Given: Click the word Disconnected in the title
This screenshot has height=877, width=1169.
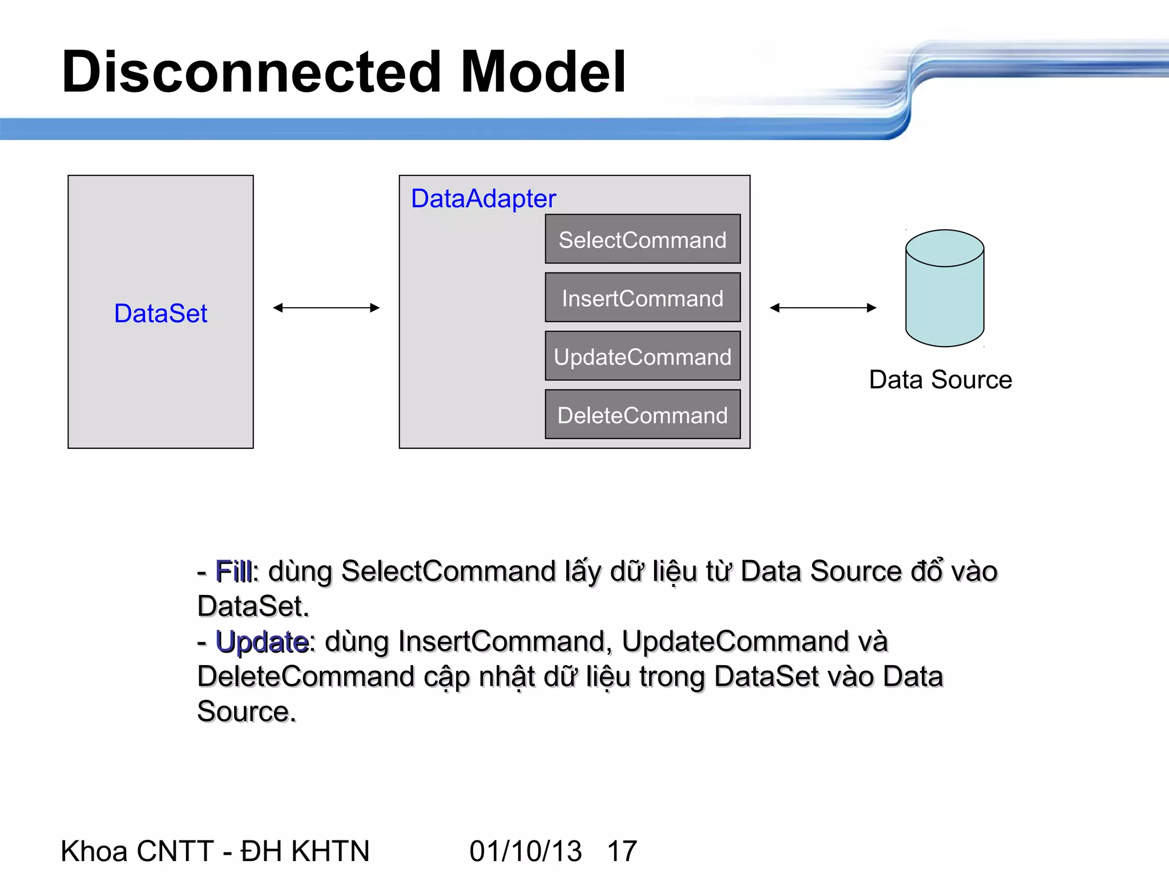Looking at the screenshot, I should click(x=251, y=72).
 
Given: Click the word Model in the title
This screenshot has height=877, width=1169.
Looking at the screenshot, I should click(x=542, y=72).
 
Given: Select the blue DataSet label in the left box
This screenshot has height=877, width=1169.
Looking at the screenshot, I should click(x=160, y=313).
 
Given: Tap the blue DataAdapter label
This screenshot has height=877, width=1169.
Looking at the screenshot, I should click(x=483, y=199).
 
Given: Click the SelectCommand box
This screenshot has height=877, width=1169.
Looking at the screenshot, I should click(x=642, y=239).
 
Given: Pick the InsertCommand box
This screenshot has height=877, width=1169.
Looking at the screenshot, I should click(x=642, y=298).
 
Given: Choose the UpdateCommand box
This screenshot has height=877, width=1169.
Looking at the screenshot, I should click(x=642, y=356).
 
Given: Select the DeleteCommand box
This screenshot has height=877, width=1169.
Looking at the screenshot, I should click(x=642, y=415).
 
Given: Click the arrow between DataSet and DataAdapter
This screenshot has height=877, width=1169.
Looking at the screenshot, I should click(x=326, y=308).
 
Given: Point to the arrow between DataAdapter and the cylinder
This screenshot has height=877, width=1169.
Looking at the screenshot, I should click(x=823, y=308).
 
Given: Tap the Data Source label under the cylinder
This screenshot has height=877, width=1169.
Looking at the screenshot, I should click(x=940, y=380).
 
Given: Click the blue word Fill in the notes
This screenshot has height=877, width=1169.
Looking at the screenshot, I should click(x=233, y=572).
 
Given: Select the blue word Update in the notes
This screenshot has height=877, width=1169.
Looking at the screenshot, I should click(x=262, y=642).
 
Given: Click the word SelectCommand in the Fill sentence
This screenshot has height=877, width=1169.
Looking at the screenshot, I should click(x=448, y=572).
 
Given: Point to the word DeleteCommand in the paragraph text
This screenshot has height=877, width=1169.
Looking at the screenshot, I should click(x=305, y=677).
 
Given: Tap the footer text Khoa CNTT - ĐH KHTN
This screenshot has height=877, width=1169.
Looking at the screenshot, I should click(x=215, y=851).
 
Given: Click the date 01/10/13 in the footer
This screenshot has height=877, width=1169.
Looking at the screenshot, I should click(x=525, y=851).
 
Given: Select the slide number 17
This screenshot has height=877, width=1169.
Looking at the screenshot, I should click(x=622, y=851).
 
